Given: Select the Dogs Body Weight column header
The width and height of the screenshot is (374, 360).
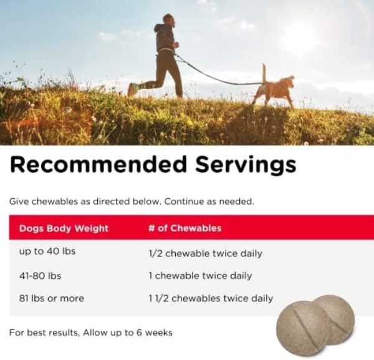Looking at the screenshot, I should [64, 228].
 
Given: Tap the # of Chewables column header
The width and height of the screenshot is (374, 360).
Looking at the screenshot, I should [185, 228].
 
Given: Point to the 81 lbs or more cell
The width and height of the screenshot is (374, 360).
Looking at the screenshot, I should [51, 298].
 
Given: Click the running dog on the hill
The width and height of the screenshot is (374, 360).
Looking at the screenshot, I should [276, 89].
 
